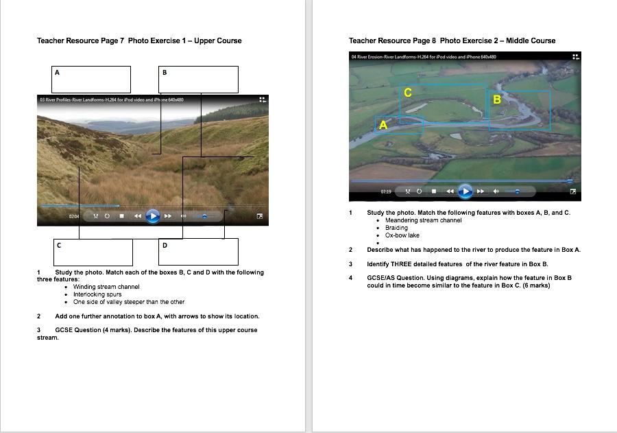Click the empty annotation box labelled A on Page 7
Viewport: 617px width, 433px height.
91,79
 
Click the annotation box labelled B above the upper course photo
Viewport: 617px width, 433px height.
198,79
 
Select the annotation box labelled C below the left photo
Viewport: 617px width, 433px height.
93,252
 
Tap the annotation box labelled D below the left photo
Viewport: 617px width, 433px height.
198,252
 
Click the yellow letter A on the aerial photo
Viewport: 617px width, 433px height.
383,125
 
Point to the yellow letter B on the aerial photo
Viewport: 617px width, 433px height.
497,100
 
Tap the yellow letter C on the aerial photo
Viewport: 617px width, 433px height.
408,93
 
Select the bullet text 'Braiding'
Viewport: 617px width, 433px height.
396,228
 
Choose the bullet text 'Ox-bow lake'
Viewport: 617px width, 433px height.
402,235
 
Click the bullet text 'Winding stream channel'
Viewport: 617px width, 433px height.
106,287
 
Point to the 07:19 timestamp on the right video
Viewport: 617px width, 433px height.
386,191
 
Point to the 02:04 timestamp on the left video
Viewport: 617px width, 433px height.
74,216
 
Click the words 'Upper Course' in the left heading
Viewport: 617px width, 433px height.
218,40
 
